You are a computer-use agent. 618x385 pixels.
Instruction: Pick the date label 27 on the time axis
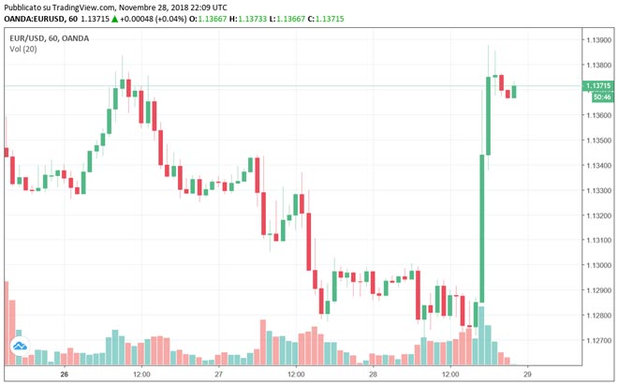point(218,373)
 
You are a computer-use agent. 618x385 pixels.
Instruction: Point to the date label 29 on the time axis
point(527,373)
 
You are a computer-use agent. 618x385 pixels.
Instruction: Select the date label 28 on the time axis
point(373,373)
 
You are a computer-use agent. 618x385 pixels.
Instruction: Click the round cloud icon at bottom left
point(18,349)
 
